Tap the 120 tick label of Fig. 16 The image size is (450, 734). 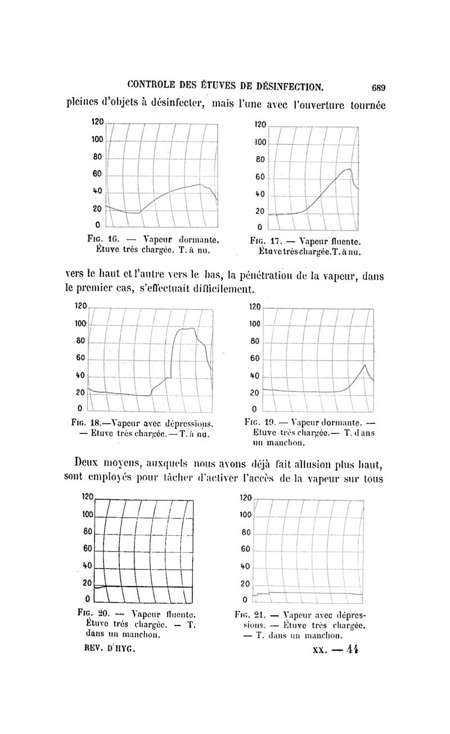click(98, 122)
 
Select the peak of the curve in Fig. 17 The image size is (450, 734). click(350, 168)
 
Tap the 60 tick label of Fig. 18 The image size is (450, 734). click(80, 358)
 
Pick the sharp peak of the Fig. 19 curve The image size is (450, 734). click(365, 365)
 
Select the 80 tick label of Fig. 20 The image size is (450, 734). click(88, 531)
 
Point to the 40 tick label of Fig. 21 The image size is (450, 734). click(245, 566)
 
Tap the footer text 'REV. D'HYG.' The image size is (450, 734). click(109, 648)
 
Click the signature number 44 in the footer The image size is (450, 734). click(353, 649)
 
